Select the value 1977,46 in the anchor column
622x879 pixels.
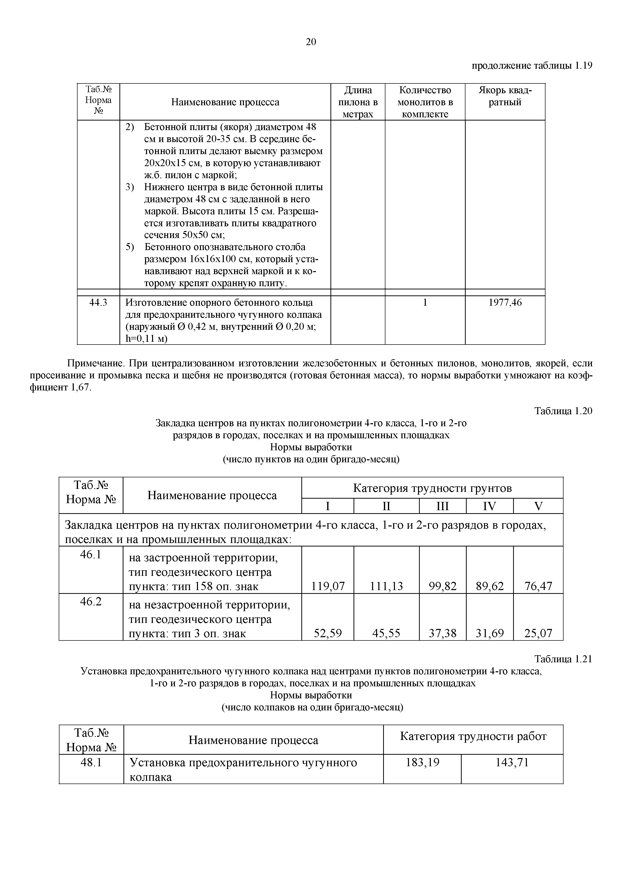tap(505, 302)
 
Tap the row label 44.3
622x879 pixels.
tap(98, 302)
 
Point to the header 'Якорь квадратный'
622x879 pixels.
tap(505, 96)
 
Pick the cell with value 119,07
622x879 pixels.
tap(328, 586)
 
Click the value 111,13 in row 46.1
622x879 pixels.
tap(386, 586)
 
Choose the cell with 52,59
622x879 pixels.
tap(328, 633)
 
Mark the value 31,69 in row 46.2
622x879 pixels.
tap(490, 633)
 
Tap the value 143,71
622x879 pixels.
tap(512, 763)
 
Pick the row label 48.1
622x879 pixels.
tap(91, 763)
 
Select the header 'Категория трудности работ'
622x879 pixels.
tap(473, 736)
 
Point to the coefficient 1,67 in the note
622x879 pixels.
tap(81, 387)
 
